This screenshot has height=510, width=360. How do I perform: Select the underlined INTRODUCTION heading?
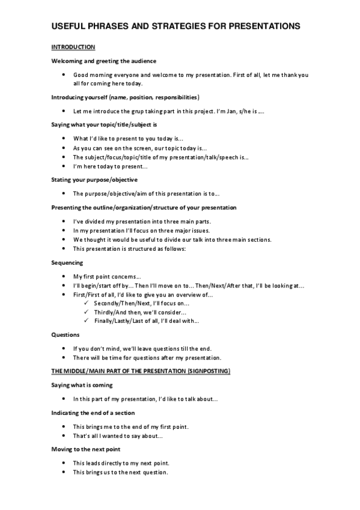(73, 47)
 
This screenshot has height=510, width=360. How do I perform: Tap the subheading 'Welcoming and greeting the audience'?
(104, 61)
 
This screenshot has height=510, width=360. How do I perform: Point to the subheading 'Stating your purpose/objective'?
(94, 179)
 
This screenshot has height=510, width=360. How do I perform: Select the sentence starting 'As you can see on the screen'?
(139, 147)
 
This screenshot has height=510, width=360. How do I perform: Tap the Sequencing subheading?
(67, 262)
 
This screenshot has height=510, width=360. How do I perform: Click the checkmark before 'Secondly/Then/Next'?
(88, 303)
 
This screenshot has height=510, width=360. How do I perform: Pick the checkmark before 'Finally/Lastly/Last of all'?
(88, 321)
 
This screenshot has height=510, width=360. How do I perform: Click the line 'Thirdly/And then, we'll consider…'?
(140, 312)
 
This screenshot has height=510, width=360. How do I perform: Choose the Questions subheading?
(66, 334)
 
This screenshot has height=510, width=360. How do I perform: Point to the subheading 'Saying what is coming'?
(82, 385)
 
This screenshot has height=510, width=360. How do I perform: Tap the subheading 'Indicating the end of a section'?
(93, 413)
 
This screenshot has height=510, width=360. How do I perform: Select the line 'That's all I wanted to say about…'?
(118, 435)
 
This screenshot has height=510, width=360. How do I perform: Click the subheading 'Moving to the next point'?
(85, 449)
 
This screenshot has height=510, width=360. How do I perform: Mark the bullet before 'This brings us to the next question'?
(64, 472)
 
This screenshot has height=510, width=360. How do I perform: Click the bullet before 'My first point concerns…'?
(64, 276)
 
